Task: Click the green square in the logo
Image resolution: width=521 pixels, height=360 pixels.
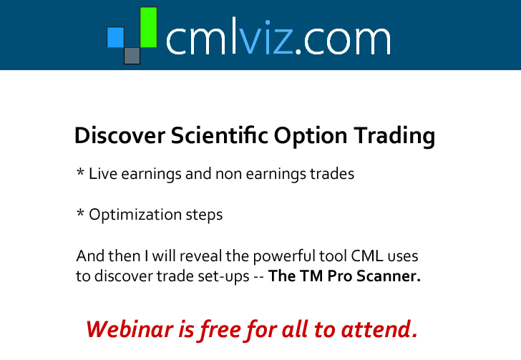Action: click(149, 27)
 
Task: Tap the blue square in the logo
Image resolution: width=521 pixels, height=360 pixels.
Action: click(115, 37)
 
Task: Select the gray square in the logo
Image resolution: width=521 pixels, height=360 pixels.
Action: click(132, 56)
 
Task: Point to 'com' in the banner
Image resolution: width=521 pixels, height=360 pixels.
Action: click(346, 40)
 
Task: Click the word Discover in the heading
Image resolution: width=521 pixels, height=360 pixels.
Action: click(120, 135)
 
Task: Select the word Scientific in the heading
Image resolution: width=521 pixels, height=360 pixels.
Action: click(219, 135)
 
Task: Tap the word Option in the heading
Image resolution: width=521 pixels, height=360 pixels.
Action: click(311, 136)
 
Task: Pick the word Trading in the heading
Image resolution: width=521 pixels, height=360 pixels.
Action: click(394, 136)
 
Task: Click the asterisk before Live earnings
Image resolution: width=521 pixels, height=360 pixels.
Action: click(80, 172)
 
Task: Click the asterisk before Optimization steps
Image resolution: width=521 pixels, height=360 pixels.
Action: click(80, 213)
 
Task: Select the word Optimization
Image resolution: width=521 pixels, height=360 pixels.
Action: click(135, 215)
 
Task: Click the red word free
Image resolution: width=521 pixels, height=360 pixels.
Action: click(220, 330)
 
